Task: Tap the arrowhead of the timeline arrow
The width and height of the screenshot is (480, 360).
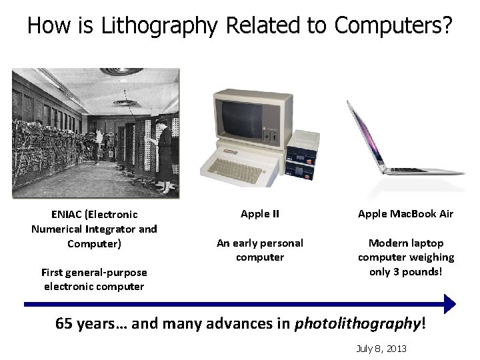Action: [449, 304]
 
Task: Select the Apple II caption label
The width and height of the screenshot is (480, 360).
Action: [260, 214]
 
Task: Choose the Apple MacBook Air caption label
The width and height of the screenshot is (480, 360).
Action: [405, 214]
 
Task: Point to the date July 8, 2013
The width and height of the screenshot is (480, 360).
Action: [381, 349]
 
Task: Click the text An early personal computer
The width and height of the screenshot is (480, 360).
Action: [260, 250]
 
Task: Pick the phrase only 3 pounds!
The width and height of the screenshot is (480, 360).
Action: [405, 271]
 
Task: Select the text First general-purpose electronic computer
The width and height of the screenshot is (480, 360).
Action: [94, 279]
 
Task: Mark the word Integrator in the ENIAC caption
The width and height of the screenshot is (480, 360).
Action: [111, 229]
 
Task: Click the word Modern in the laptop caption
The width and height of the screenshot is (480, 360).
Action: [387, 243]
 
